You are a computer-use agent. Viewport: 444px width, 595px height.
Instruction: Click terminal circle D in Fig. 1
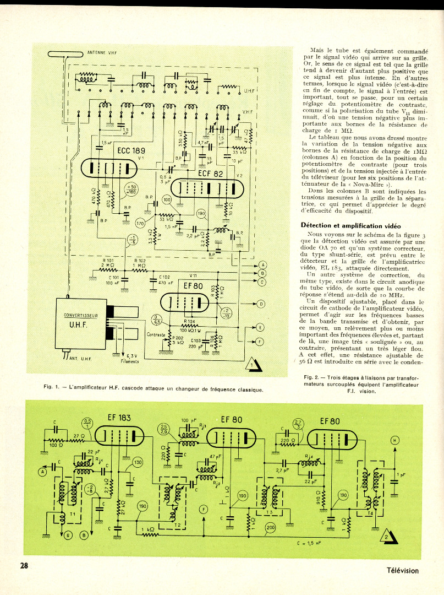tap(261, 304)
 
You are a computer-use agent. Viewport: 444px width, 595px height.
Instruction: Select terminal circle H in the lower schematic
tap(394, 439)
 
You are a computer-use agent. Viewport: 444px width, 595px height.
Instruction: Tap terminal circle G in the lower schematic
tap(69, 534)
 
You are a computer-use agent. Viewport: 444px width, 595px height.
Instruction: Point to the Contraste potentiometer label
tap(156, 334)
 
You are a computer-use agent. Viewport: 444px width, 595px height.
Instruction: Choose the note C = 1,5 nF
tap(313, 542)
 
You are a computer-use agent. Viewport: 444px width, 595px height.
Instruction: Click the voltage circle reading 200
tap(270, 527)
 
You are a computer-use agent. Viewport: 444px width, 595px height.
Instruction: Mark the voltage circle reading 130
tap(136, 462)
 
